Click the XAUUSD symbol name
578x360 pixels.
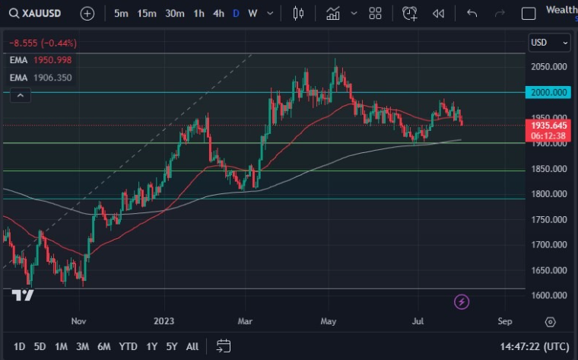[41, 13]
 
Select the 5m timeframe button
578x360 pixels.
[121, 13]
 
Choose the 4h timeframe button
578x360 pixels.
[218, 13]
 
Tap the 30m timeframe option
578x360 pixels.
[174, 13]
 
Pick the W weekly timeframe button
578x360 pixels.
[252, 13]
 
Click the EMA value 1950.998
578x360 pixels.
[53, 60]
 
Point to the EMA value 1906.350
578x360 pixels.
[53, 78]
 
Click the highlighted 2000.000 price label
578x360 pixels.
[548, 92]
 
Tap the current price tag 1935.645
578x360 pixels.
[548, 125]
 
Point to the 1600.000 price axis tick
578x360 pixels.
[548, 295]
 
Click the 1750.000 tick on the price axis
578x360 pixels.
[548, 219]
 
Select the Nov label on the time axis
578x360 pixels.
[79, 322]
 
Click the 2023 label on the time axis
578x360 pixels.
[164, 322]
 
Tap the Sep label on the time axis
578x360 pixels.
[505, 322]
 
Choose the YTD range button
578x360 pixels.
[128, 346]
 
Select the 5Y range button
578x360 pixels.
[172, 346]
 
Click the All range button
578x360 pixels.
[192, 346]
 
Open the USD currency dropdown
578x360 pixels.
[549, 43]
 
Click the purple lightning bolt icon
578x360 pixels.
[462, 302]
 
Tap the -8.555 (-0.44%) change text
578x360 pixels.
[43, 43]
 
